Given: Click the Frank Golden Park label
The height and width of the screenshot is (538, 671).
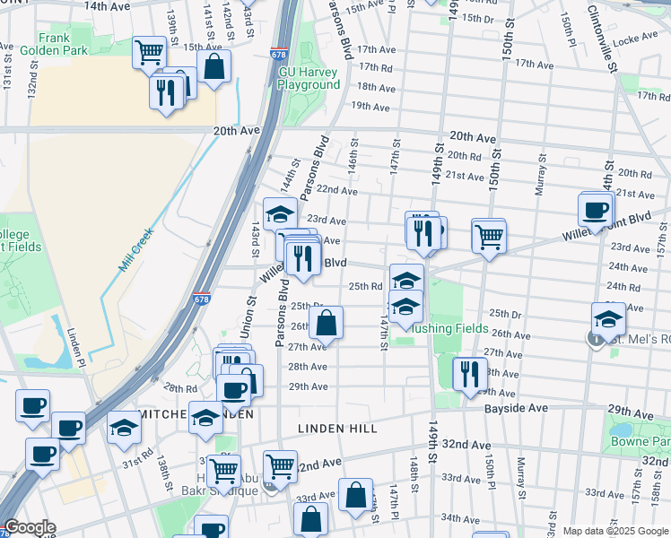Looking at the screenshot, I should click(x=63, y=44).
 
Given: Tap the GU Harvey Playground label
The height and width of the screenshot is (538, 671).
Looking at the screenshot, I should click(x=309, y=78).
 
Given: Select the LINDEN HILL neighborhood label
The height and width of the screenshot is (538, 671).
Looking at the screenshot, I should click(x=337, y=429).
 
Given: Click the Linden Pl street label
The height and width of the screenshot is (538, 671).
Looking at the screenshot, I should click(x=79, y=346).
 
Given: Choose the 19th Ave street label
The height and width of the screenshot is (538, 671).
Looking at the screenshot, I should click(x=370, y=107).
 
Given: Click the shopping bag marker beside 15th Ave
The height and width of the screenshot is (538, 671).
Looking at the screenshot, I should click(x=214, y=65).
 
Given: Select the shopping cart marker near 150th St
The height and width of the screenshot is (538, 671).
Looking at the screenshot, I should click(x=489, y=236).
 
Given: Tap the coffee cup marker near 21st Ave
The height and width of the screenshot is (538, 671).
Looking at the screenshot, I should click(x=596, y=210).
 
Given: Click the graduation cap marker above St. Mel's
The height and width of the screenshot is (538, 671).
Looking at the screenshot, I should click(x=608, y=318).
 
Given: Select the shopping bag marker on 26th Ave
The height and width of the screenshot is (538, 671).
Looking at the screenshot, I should click(x=328, y=322).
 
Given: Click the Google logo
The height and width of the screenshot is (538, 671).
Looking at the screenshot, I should click(x=30, y=528).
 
